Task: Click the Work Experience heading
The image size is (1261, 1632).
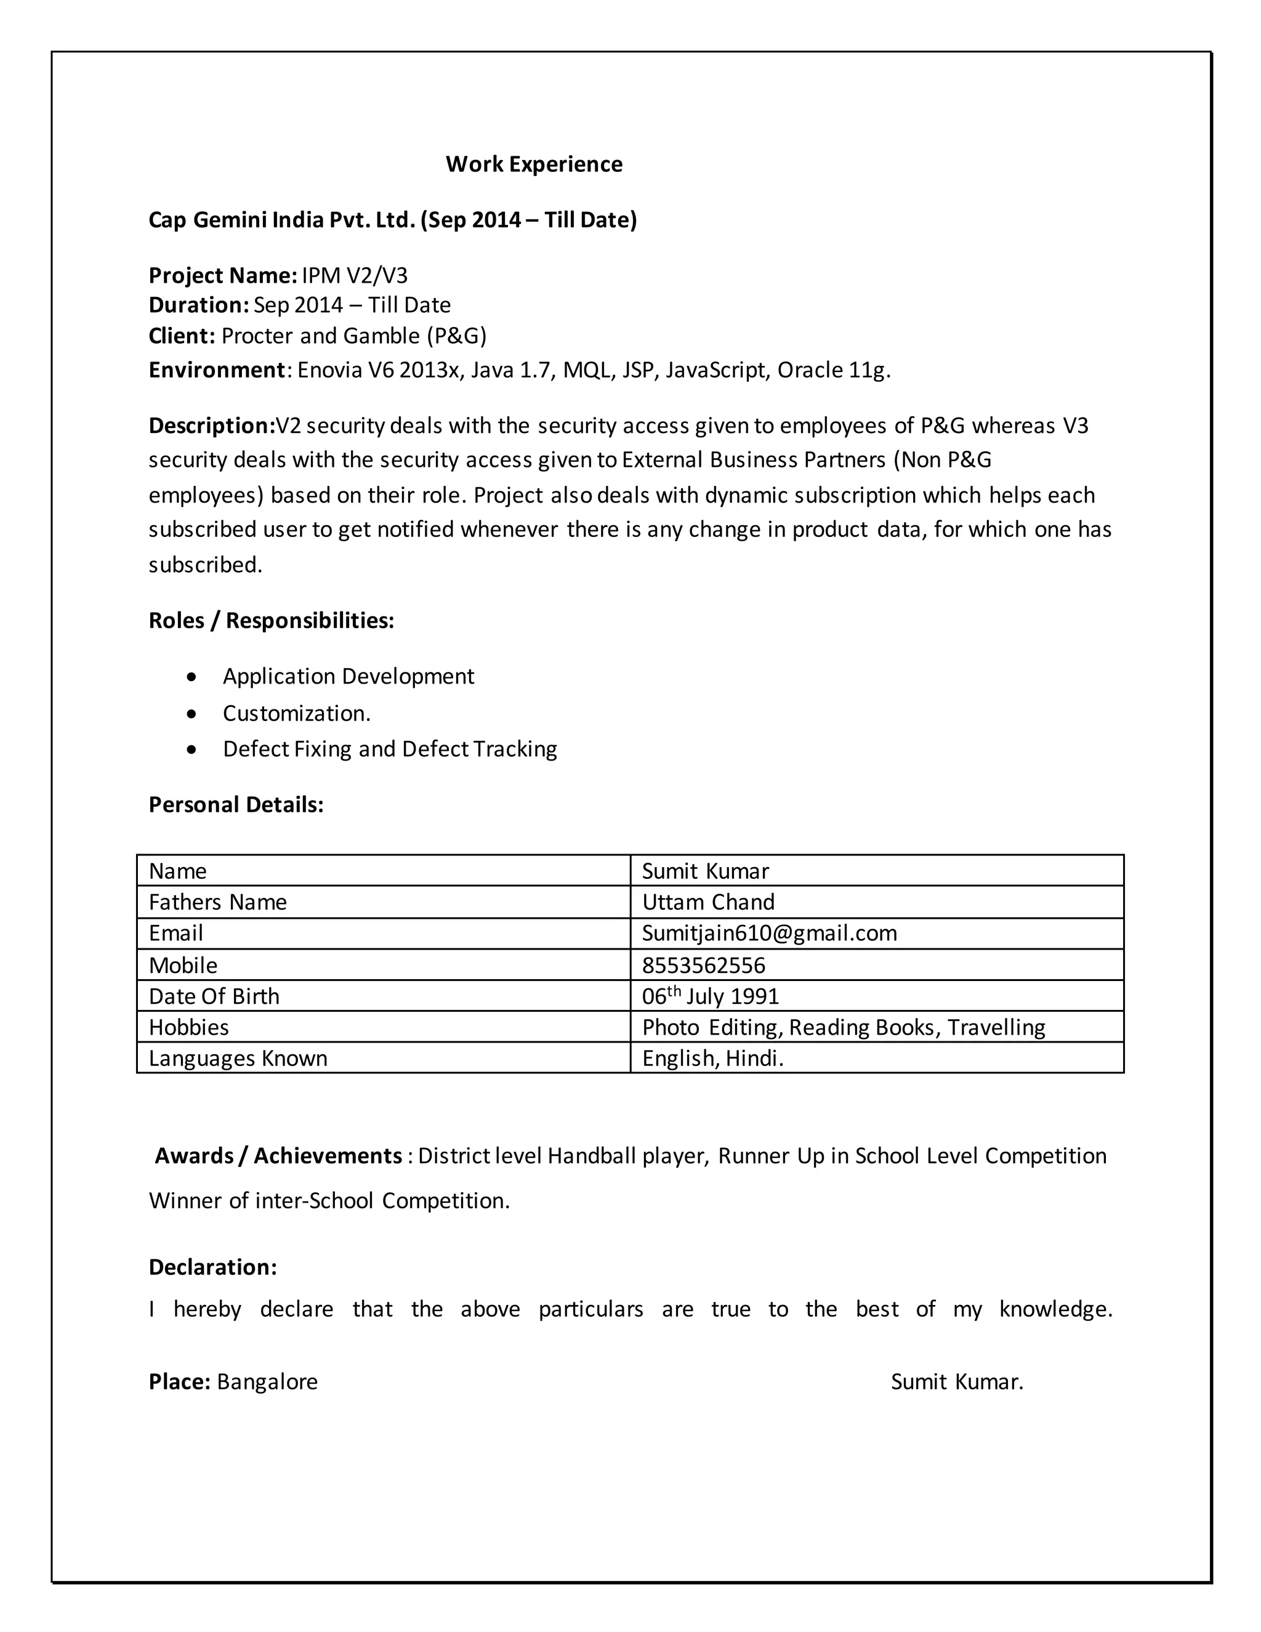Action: tap(533, 164)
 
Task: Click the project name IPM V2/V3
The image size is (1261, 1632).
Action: tap(355, 276)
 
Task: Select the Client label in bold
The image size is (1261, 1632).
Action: tap(182, 336)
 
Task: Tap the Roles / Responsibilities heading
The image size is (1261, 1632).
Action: tap(271, 620)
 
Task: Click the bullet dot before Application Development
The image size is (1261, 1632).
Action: tap(193, 677)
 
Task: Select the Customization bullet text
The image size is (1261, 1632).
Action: tap(297, 714)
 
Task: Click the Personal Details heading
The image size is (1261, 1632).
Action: tap(236, 805)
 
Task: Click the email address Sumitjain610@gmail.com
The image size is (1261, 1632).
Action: tap(770, 933)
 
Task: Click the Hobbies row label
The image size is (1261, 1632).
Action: tap(189, 1027)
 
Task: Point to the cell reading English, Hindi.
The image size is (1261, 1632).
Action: tap(712, 1058)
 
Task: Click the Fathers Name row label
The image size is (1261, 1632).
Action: tap(217, 902)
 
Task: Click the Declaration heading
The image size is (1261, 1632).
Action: tap(213, 1267)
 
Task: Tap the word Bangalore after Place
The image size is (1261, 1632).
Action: tap(267, 1382)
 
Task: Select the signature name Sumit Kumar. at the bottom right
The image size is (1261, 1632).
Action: tap(957, 1382)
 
